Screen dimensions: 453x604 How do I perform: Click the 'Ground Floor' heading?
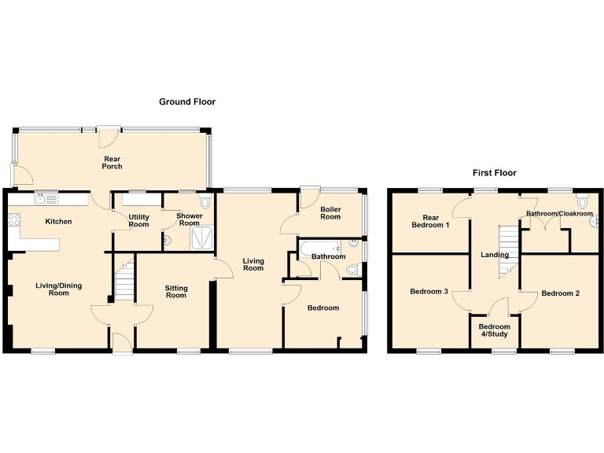[x=187, y=101]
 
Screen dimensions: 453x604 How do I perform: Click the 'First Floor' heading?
[x=494, y=172]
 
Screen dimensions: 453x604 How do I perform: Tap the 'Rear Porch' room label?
[x=112, y=162]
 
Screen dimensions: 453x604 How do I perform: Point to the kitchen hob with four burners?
[x=13, y=221]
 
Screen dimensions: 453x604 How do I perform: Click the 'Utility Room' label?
[x=138, y=220]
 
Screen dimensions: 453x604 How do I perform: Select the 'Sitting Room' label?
[x=175, y=292]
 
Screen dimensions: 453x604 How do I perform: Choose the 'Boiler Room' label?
[x=330, y=212]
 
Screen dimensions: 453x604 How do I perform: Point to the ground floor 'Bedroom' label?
[x=322, y=308]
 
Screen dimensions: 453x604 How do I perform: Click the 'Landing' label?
[x=495, y=255]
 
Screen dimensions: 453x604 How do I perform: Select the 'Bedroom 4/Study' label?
[x=495, y=330]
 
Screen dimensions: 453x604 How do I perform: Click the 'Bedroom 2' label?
[x=561, y=293]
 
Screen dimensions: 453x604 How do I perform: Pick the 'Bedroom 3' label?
[x=429, y=292]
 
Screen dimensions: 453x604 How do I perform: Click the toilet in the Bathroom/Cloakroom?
[x=582, y=201]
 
